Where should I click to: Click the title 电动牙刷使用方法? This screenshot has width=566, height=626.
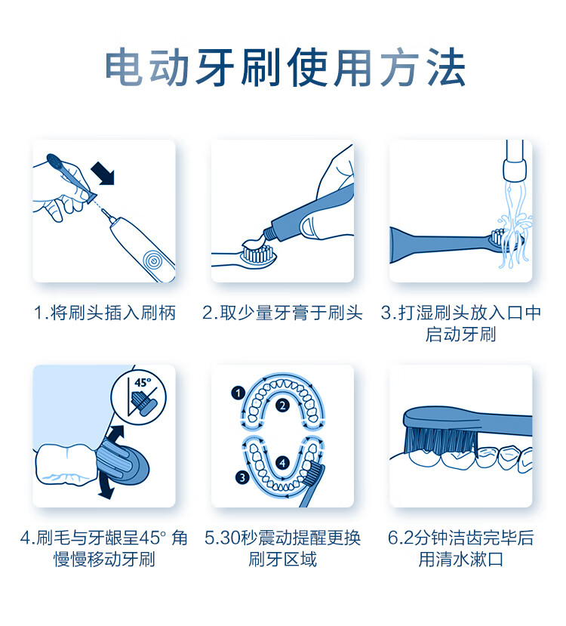[x=285, y=67]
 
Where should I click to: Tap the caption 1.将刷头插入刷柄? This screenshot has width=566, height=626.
[x=104, y=313]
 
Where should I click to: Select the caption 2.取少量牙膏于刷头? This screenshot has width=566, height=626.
[x=282, y=313]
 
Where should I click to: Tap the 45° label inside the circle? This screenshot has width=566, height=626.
[x=143, y=382]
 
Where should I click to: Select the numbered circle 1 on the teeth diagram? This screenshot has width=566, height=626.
[x=238, y=393]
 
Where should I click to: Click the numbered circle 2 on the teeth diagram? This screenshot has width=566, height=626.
[x=282, y=406]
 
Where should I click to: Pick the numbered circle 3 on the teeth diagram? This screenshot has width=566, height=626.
[x=242, y=477]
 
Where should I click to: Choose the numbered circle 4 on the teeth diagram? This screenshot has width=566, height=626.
[x=283, y=463]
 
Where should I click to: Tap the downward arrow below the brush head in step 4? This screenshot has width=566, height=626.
[x=106, y=486]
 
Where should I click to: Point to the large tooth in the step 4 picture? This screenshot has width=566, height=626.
[x=66, y=464]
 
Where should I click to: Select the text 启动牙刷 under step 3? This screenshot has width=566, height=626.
[x=460, y=335]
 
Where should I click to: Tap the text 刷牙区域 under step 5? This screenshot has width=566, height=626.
[x=282, y=559]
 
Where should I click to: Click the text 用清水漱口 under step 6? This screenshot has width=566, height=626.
[x=460, y=559]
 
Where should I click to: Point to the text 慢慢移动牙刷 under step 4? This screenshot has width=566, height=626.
[x=104, y=559]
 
